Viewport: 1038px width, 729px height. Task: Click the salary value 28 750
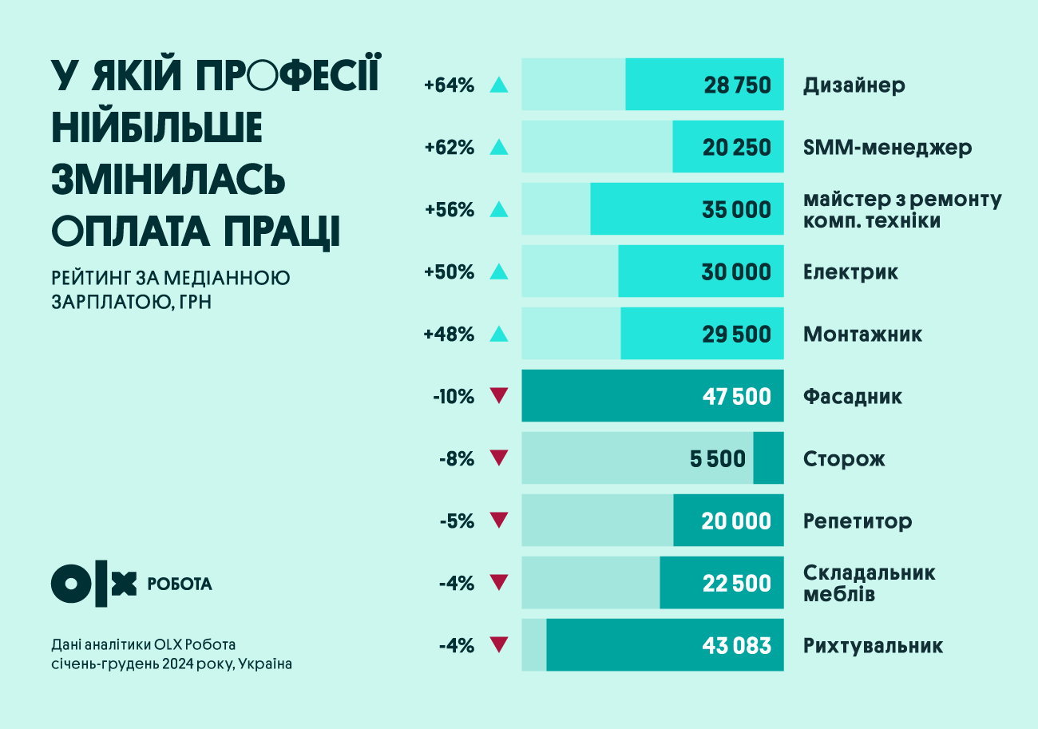point(737,85)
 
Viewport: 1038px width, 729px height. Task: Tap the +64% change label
point(450,85)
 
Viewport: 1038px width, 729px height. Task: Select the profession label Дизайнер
point(854,85)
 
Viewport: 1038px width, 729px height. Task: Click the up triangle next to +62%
point(498,147)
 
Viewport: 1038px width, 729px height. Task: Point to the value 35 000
point(737,210)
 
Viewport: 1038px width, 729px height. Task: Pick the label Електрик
point(850,272)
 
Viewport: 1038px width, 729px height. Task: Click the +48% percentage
point(449,335)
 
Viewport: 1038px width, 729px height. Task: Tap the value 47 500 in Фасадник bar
point(737,397)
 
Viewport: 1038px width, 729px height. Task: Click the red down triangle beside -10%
point(498,395)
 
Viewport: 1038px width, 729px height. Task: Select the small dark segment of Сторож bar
point(768,458)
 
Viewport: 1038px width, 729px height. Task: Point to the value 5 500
point(717,459)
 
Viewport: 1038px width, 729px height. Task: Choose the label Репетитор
point(857,522)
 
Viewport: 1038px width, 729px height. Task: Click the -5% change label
point(457,522)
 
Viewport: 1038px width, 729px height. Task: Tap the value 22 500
point(737,584)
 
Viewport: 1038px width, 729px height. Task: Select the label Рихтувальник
point(873,646)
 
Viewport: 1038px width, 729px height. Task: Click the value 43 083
point(737,646)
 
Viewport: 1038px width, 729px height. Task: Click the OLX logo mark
point(93,584)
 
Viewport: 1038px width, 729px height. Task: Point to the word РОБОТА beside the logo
point(180,584)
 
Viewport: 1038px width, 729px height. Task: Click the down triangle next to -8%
point(498,458)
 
